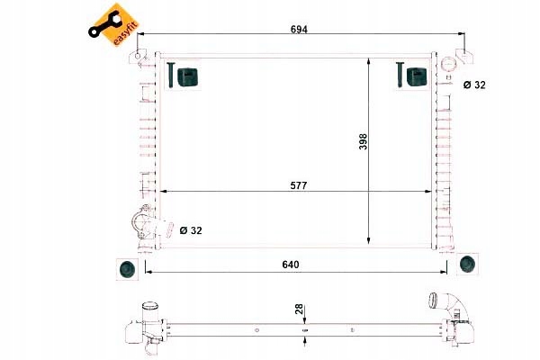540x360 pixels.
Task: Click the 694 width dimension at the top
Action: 299,30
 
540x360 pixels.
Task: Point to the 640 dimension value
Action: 289,265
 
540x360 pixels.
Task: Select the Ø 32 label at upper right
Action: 473,85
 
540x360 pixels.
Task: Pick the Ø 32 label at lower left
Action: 190,230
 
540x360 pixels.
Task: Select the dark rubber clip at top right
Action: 415,76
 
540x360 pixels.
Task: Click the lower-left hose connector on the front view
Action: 140,223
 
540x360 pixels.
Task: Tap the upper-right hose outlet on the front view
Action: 447,81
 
